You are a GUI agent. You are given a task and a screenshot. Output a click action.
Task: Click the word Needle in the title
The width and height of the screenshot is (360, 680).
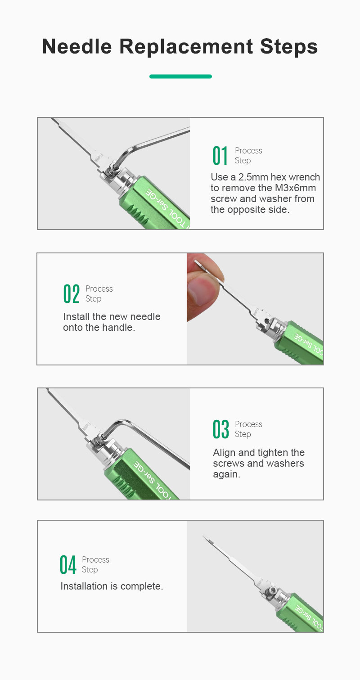click(77, 46)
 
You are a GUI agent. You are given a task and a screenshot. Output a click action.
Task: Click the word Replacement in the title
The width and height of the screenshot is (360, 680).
click(186, 46)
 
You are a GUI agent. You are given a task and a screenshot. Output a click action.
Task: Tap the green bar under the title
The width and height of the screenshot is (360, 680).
click(180, 77)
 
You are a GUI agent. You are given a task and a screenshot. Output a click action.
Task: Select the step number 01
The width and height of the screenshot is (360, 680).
click(220, 156)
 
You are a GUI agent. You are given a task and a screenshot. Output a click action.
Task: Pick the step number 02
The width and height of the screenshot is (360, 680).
click(72, 294)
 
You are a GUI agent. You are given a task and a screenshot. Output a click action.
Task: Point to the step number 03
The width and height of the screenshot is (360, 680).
click(220, 429)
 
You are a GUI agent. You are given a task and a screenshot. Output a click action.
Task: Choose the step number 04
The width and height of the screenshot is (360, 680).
click(67, 565)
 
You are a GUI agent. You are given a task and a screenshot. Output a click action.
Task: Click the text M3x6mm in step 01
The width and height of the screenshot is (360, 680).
click(295, 188)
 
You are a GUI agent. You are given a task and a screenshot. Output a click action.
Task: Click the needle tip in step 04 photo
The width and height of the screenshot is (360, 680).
click(204, 536)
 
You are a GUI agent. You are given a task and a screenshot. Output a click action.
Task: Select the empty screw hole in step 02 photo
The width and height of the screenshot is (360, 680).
click(266, 320)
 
